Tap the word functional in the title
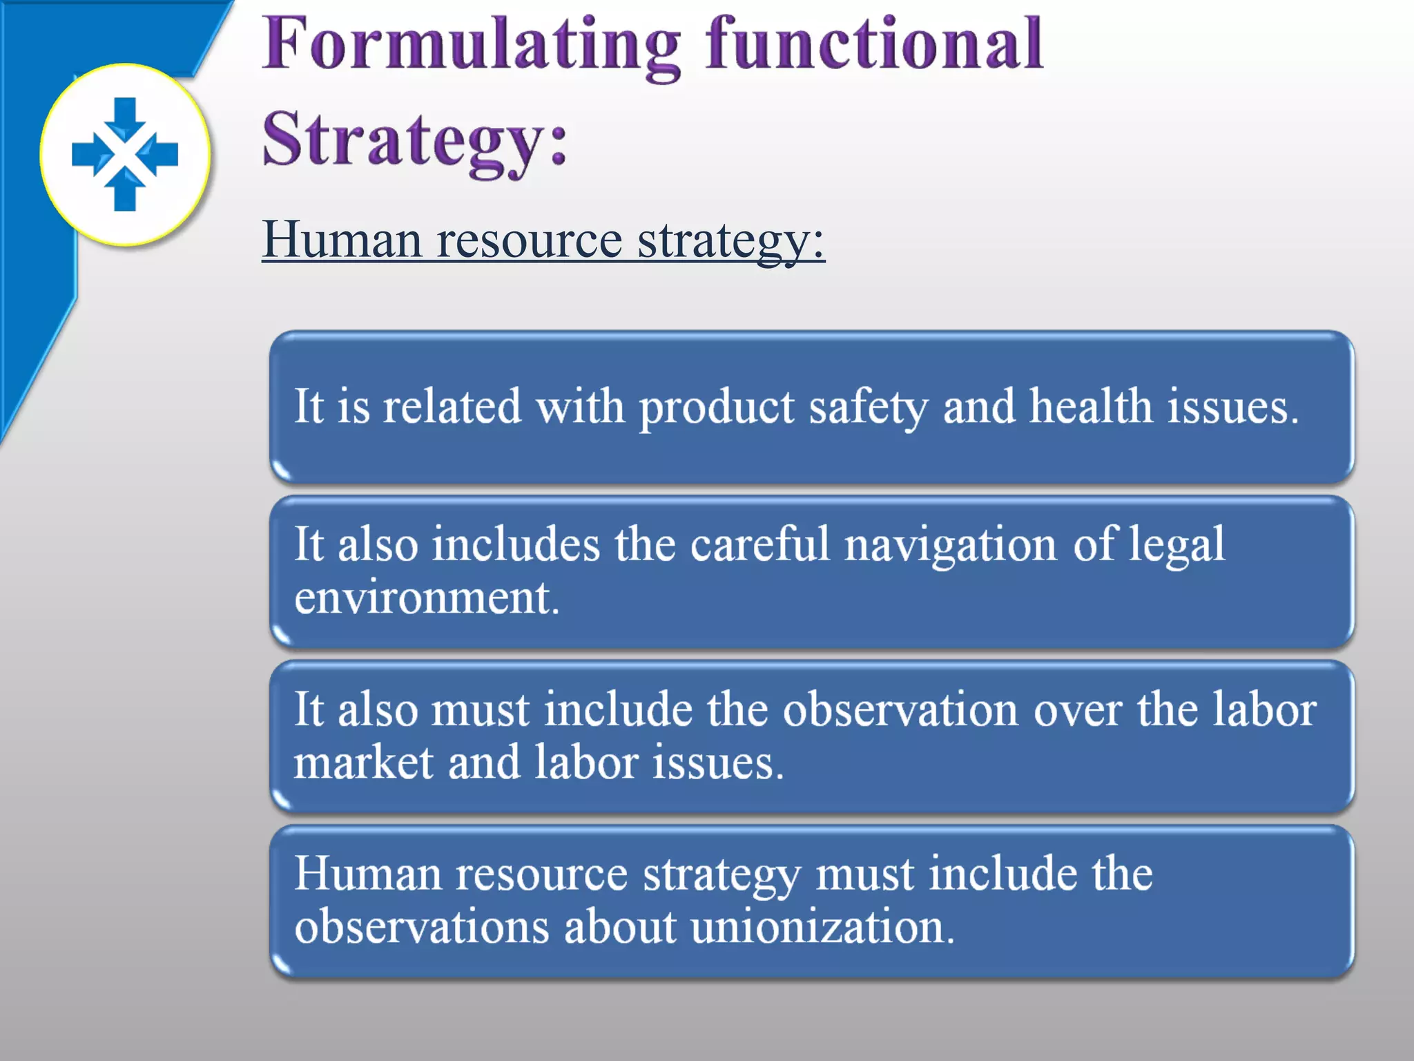point(874,44)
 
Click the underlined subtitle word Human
point(342,240)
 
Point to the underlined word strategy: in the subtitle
point(731,241)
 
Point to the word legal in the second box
point(1177,545)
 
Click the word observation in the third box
point(900,709)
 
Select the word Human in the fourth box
point(368,874)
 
